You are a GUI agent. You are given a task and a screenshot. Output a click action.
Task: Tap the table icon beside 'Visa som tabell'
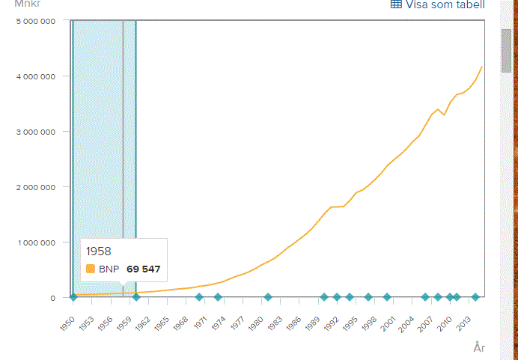click(396, 4)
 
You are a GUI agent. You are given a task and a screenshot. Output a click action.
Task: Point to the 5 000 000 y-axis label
click(35, 21)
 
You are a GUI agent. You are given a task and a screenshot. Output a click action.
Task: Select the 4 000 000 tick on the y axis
click(35, 76)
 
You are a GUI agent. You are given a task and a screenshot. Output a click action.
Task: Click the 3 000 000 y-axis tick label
click(35, 132)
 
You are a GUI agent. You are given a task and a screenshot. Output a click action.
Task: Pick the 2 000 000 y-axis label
click(35, 187)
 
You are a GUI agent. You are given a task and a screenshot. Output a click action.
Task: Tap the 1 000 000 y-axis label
click(35, 242)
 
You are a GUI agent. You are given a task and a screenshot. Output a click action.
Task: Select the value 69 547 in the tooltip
click(143, 269)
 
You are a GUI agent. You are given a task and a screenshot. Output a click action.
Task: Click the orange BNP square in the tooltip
click(91, 269)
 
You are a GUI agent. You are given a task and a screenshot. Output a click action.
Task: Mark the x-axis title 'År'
click(479, 347)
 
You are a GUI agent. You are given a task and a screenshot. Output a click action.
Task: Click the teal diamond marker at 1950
click(73, 297)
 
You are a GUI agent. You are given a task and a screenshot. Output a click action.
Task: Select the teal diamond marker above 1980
click(267, 297)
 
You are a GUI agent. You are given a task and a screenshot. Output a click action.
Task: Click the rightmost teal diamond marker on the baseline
click(475, 297)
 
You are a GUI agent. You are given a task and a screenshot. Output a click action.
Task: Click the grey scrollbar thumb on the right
click(506, 50)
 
